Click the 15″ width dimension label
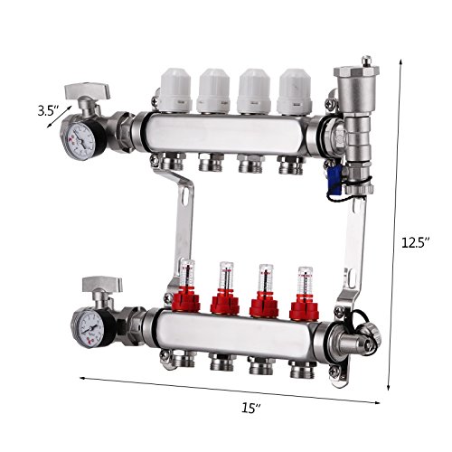(251, 408)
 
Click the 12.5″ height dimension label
(415, 242)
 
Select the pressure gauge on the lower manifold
(88, 329)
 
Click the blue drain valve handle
(334, 180)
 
